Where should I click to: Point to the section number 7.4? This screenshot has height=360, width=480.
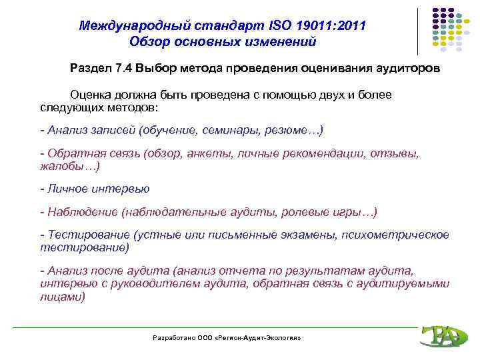124,69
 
